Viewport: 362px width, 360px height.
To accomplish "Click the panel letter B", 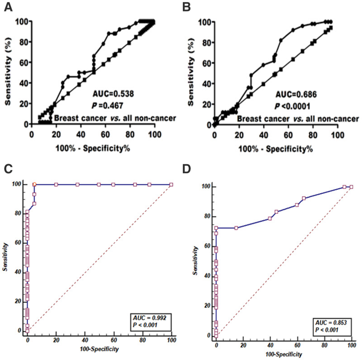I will (187, 7).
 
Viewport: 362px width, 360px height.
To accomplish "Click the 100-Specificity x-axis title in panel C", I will (100, 349).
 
